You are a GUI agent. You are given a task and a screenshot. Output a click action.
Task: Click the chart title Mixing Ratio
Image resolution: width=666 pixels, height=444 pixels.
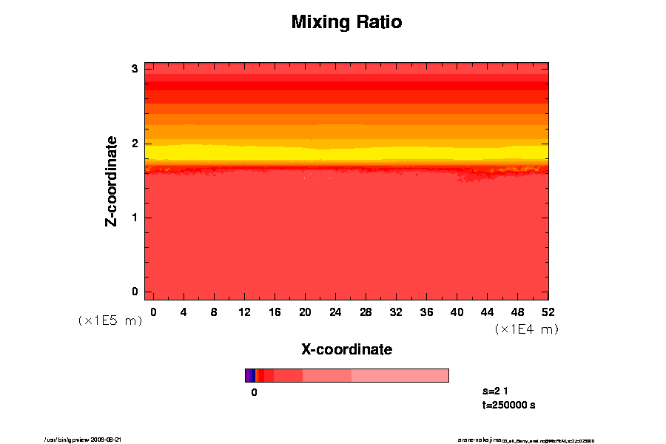tap(346, 22)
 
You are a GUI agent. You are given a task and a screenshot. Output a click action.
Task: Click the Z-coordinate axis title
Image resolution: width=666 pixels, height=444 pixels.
tap(112, 181)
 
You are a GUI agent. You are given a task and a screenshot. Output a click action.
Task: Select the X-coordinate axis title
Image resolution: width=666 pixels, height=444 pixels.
tap(346, 349)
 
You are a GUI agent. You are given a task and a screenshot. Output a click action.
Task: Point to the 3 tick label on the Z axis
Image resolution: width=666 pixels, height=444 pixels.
tap(135, 69)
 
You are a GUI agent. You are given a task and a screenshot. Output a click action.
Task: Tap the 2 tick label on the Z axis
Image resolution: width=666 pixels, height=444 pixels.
tap(135, 144)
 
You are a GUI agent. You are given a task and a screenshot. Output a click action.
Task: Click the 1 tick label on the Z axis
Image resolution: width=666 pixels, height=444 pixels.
tap(135, 218)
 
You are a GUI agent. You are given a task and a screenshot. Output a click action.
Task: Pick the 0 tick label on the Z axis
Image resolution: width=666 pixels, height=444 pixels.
tap(135, 292)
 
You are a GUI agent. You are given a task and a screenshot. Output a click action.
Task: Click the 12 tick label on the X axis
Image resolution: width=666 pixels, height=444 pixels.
tap(244, 312)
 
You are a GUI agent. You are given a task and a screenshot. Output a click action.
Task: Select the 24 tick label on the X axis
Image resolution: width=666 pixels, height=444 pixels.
tap(335, 312)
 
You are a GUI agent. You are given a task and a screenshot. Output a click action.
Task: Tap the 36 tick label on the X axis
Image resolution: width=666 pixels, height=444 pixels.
tap(426, 312)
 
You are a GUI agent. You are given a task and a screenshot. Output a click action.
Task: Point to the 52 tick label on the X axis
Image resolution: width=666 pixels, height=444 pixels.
tap(548, 312)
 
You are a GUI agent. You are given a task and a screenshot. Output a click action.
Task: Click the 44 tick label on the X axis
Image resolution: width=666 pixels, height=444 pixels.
tap(488, 312)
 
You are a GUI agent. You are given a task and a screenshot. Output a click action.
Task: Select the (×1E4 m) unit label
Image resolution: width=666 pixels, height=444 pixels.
tap(526, 329)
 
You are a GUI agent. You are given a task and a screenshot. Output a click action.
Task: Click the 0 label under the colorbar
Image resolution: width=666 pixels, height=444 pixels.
tap(254, 392)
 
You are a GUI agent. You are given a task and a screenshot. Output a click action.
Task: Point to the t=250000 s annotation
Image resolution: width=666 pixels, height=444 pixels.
tap(508, 405)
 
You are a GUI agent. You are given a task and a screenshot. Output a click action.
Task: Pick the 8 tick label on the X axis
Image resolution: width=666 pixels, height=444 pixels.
tap(214, 312)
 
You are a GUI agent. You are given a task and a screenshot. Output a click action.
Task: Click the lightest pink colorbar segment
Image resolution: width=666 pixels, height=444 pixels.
tap(400, 375)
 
